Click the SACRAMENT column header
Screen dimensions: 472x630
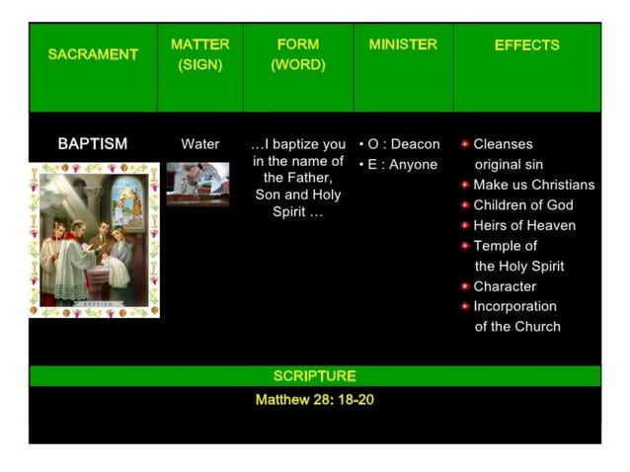tap(93, 54)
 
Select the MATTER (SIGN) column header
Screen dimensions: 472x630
tap(199, 54)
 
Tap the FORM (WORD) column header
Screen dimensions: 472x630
tap(297, 54)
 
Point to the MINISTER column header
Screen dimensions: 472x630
tap(403, 44)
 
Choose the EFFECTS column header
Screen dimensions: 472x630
tap(526, 44)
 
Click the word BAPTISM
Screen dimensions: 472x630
tap(93, 144)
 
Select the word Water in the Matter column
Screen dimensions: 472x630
tap(199, 144)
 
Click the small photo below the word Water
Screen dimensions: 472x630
tap(197, 184)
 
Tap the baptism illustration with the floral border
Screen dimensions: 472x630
tap(94, 240)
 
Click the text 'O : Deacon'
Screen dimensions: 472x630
tap(404, 144)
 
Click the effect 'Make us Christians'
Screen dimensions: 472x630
tap(533, 185)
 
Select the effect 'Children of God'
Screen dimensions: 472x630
tap(522, 205)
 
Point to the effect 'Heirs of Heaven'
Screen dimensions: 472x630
tap(524, 225)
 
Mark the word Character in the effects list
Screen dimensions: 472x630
tap(505, 286)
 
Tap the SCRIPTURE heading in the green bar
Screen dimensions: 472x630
tap(314, 376)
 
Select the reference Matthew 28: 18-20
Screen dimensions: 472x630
tap(314, 400)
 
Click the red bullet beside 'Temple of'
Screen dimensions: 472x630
tap(465, 246)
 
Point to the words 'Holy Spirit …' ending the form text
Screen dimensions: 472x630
tap(297, 212)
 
